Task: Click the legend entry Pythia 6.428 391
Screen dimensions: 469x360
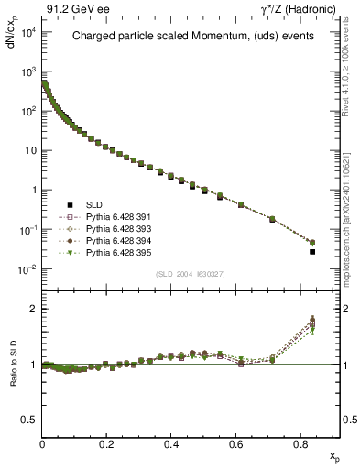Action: coord(105,218)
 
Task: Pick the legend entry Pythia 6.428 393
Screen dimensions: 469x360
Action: coord(105,229)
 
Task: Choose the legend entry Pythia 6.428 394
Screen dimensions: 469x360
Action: coord(105,240)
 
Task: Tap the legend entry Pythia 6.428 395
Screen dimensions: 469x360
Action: coord(105,251)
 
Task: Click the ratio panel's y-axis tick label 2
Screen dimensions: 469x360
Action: coord(32,309)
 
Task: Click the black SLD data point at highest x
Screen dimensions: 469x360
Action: coord(312,251)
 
